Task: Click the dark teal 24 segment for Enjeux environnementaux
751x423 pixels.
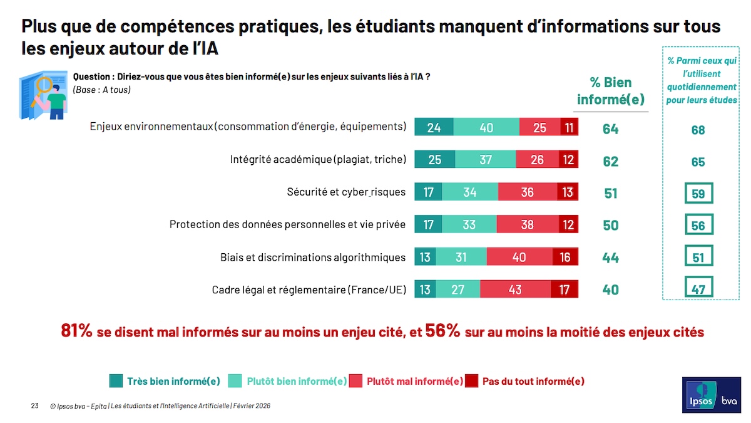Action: pos(434,127)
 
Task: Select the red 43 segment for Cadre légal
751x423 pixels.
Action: pos(515,290)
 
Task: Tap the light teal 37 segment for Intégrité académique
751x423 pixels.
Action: pos(486,160)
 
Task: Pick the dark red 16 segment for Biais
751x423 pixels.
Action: pos(565,257)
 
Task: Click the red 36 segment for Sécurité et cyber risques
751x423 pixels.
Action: pos(528,192)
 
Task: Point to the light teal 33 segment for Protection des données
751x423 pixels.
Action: pos(469,224)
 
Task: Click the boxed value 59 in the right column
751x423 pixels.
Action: pos(698,194)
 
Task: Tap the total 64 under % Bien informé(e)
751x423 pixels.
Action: pos(610,129)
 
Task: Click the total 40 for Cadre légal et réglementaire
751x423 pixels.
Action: pos(610,290)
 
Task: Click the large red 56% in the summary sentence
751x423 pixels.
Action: pos(442,331)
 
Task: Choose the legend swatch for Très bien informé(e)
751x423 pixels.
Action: pos(116,380)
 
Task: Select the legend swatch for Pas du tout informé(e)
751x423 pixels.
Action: pos(472,380)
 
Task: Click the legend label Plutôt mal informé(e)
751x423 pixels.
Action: pos(414,381)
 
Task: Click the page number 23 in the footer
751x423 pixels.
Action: pos(35,406)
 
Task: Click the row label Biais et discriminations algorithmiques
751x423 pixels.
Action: pos(313,257)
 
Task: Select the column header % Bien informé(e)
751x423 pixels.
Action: pos(610,91)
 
